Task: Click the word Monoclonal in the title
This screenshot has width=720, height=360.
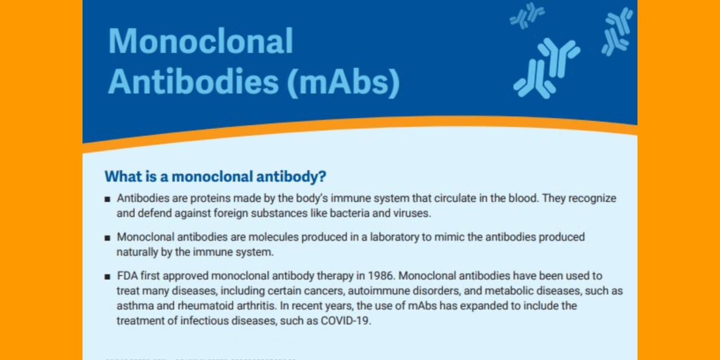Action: click(x=201, y=41)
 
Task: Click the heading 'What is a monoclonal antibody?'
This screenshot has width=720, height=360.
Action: click(x=215, y=177)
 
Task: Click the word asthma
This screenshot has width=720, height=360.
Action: click(x=133, y=306)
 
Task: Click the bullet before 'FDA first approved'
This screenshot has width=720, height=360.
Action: click(x=108, y=276)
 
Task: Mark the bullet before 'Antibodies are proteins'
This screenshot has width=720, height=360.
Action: click(x=108, y=199)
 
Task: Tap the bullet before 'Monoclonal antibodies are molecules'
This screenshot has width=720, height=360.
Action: click(x=108, y=237)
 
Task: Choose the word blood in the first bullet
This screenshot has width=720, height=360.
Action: click(x=522, y=198)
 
